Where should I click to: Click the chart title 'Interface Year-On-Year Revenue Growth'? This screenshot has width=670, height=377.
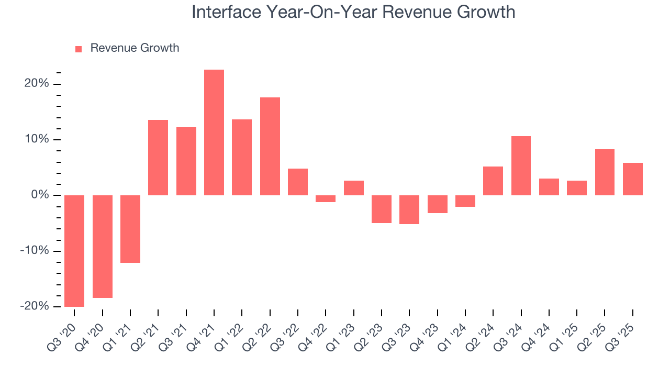(x=353, y=12)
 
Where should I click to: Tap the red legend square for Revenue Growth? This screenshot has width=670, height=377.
(x=79, y=49)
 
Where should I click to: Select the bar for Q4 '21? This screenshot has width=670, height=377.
(x=214, y=132)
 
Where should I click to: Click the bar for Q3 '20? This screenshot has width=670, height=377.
(x=74, y=250)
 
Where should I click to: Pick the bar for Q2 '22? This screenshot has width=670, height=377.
(x=270, y=146)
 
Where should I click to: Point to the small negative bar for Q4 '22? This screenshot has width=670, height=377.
(x=326, y=198)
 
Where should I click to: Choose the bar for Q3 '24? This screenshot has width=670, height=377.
(x=521, y=165)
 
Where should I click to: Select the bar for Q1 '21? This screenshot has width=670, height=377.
(x=130, y=229)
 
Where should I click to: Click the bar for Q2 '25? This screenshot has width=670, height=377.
(x=605, y=172)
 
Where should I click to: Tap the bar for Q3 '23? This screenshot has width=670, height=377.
(x=409, y=209)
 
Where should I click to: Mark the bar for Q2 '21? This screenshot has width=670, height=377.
(x=158, y=158)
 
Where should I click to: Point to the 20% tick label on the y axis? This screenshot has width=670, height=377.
(x=36, y=84)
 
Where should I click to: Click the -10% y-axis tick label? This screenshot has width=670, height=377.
(x=35, y=251)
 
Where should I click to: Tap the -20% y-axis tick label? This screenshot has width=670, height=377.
(x=35, y=306)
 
